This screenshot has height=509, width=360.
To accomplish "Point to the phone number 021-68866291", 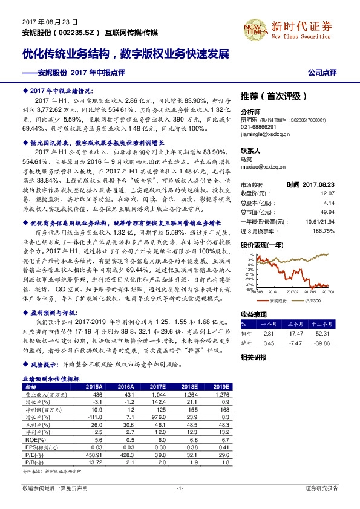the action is [258, 128].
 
